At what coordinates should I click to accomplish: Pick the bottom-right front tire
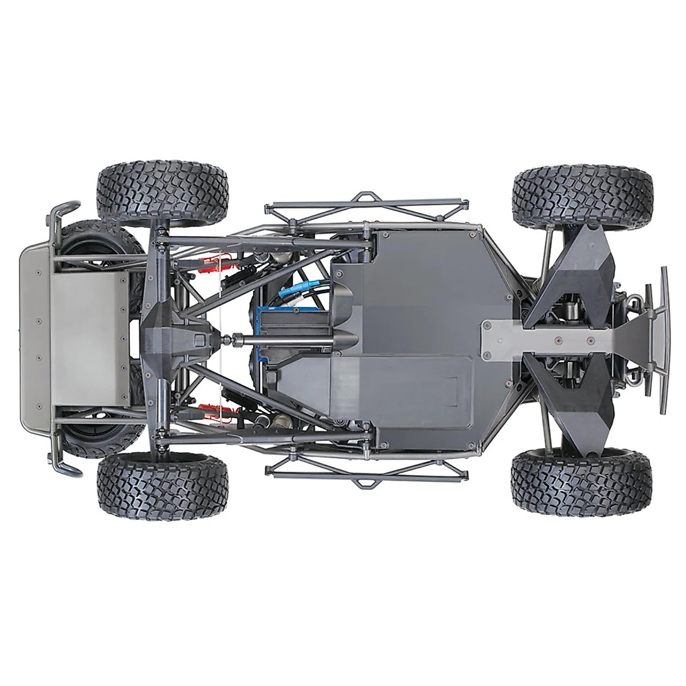[x=581, y=482]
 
